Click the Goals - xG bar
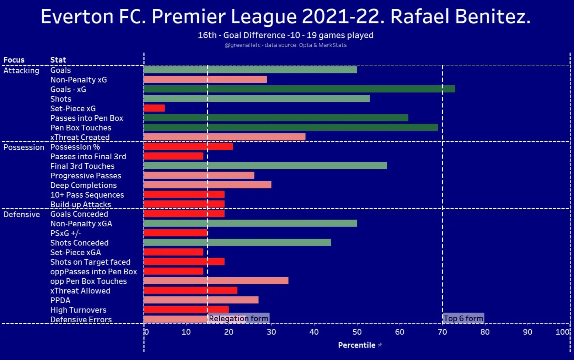click(299, 89)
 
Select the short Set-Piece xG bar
click(154, 108)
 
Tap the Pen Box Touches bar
click(291, 127)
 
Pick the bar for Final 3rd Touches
click(265, 166)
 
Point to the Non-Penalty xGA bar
click(250, 223)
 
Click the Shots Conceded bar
click(237, 242)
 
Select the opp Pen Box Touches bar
click(216, 281)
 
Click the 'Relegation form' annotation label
click(238, 318)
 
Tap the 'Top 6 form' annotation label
click(463, 318)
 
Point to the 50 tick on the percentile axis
click(357, 332)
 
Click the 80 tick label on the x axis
click(485, 332)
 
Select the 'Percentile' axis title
click(356, 345)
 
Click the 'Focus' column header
click(14, 60)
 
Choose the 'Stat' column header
click(58, 60)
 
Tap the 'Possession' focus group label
click(24, 147)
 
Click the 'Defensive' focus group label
click(22, 214)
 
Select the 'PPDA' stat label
click(60, 300)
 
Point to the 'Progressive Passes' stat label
click(86, 176)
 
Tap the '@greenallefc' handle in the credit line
click(242, 45)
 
